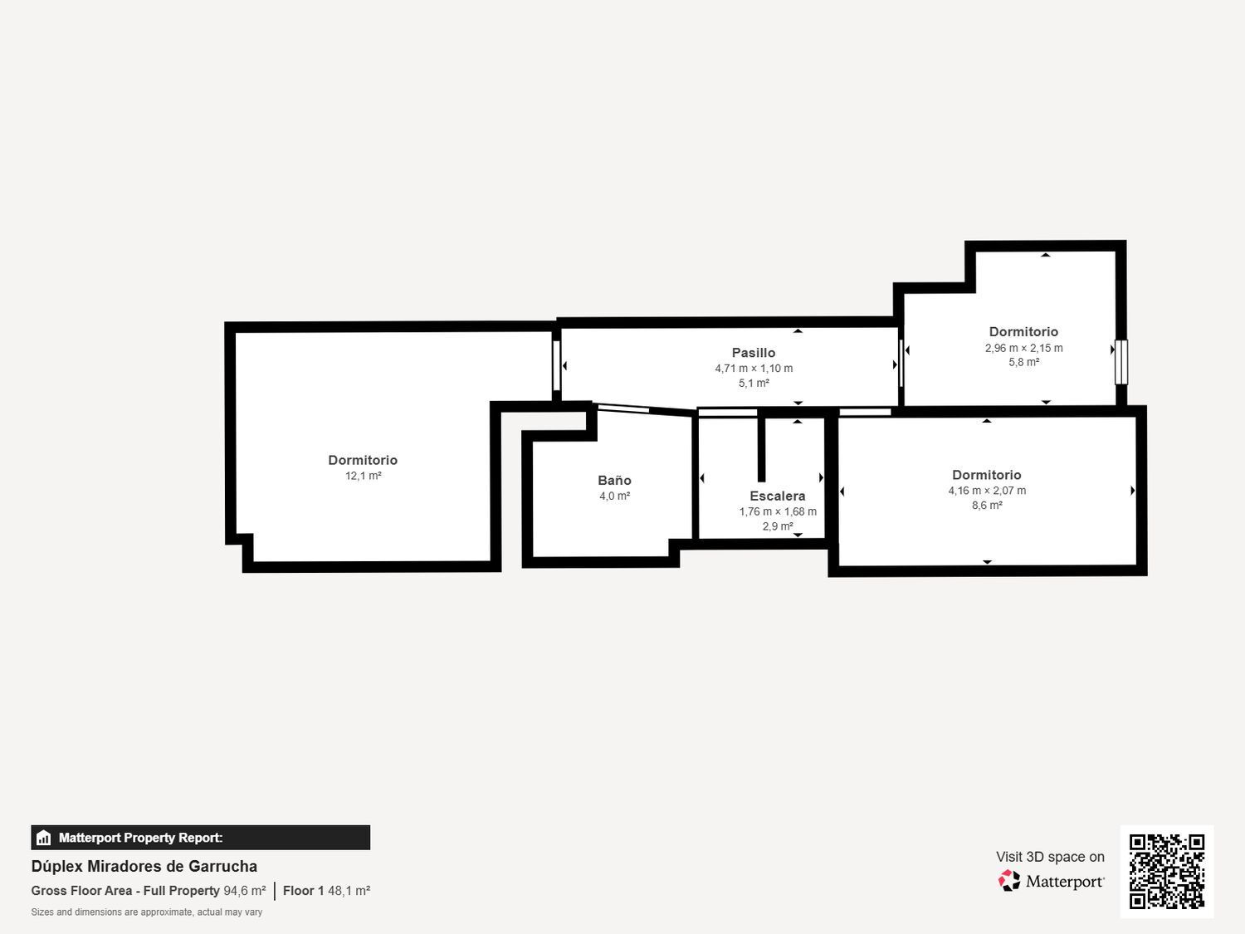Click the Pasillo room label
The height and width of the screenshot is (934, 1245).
[x=754, y=353]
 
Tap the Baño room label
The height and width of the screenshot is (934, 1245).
[x=614, y=481]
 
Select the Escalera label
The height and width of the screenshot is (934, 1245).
[x=777, y=496]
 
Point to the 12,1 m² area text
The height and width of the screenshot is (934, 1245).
[x=363, y=476]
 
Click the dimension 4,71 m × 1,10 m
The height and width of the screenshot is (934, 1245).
[x=754, y=369]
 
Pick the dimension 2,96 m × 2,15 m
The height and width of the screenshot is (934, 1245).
[x=1023, y=348]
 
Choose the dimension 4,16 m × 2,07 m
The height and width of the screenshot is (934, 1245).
[x=987, y=491]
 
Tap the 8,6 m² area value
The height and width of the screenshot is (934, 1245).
[x=987, y=506]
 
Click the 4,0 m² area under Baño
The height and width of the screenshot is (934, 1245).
[x=614, y=496]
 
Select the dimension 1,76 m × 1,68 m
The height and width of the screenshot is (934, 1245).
[x=777, y=511]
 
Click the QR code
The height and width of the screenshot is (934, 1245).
[x=1167, y=872]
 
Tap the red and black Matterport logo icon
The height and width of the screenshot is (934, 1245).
[x=1009, y=881]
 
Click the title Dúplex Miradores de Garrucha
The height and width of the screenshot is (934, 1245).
[x=144, y=867]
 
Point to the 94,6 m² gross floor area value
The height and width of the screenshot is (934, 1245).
[x=245, y=891]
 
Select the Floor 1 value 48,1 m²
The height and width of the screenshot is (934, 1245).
[x=349, y=891]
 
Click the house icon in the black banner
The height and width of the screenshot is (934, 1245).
[x=44, y=838]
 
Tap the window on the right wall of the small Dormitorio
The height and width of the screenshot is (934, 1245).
[x=1121, y=362]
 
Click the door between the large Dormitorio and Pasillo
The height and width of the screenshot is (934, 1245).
[x=556, y=365]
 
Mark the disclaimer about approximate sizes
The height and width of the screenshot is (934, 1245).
[x=147, y=912]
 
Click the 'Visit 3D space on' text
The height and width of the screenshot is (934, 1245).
[x=1050, y=857]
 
